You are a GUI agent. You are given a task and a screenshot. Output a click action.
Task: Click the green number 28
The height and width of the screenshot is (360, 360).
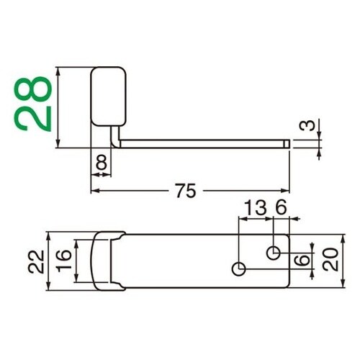(x=34, y=101)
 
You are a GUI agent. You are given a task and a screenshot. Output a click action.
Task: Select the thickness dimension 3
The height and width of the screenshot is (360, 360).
(x=307, y=127)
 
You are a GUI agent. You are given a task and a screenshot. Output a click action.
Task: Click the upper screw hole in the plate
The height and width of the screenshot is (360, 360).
(x=274, y=252)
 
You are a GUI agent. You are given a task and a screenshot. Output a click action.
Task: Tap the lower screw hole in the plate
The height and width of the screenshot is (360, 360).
(x=239, y=269)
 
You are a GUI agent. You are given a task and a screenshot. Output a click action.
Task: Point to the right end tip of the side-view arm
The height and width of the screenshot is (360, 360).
(x=288, y=144)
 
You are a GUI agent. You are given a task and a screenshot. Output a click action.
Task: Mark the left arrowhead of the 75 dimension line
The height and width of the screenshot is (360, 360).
(x=94, y=192)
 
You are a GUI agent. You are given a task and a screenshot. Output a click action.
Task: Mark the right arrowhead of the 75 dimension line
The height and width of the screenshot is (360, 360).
(x=287, y=192)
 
